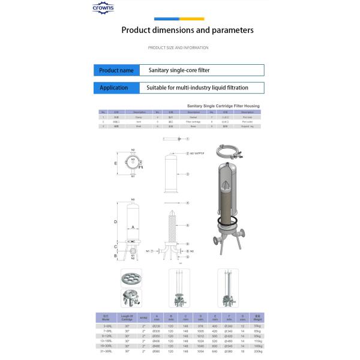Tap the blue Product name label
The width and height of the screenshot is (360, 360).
pos(116,70)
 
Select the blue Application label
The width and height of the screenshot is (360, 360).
pos(114,88)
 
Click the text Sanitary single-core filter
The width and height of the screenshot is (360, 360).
pos(179,70)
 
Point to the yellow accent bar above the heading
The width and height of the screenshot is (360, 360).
pos(192,19)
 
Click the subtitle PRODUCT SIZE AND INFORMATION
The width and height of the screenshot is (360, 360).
pos(178,47)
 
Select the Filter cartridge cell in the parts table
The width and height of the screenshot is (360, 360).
pos(193,121)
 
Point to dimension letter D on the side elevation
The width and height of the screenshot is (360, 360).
pos(115,222)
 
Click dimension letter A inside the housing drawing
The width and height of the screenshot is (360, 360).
pos(132,227)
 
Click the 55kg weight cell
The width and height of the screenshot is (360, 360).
pos(257,326)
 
